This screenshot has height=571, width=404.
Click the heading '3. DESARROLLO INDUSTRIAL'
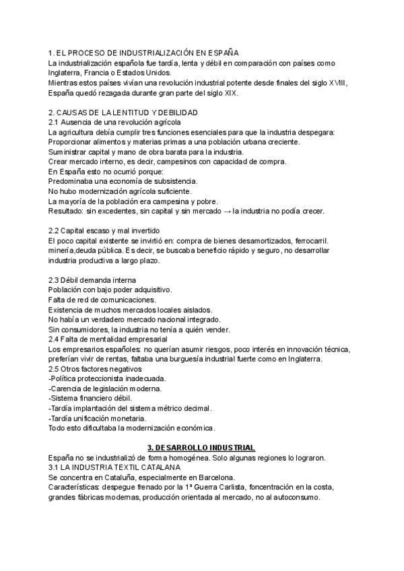point(201,448)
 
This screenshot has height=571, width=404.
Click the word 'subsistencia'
point(172,181)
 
